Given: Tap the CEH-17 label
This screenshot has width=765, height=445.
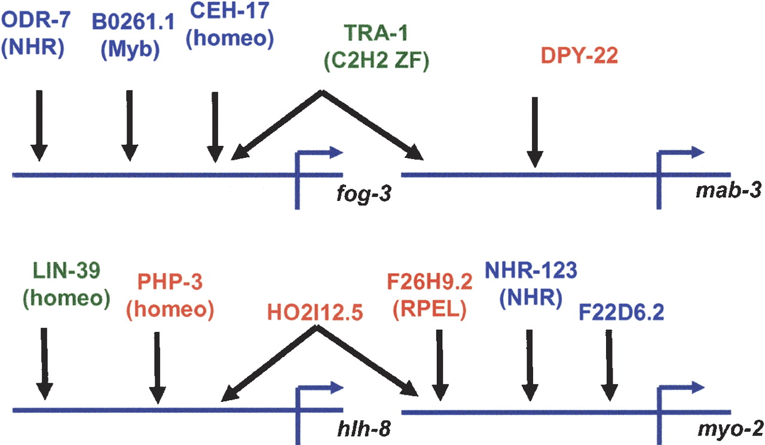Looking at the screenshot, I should (x=229, y=11).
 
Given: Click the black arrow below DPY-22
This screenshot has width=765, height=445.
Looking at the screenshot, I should (x=535, y=130).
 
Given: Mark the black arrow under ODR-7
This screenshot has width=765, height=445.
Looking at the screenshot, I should (x=39, y=126).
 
